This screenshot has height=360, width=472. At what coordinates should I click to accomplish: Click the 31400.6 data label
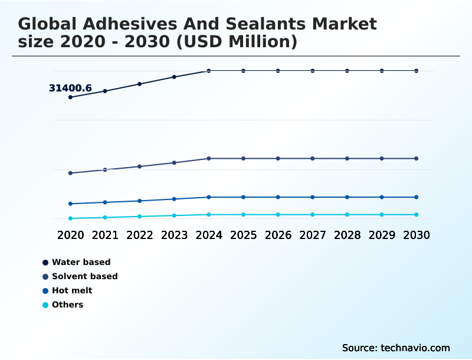coord(70,89)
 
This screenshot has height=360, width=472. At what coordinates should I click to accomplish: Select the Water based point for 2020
coord(71,97)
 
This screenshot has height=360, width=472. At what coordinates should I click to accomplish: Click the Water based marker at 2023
coord(174,77)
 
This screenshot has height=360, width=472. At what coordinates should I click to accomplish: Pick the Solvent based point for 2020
coord(71,173)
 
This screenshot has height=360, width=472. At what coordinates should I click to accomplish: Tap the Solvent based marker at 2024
coord(209,158)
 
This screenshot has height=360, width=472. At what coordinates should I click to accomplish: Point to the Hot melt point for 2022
coord(140,201)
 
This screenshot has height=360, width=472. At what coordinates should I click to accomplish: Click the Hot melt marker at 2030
coord(417,197)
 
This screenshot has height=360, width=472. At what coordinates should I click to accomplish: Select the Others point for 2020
coord(71,218)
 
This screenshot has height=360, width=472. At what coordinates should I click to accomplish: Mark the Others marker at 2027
coord(313,214)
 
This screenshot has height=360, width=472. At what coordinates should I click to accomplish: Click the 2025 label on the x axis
coord(243,235)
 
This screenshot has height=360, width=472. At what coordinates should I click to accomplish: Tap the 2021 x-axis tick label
coord(105,235)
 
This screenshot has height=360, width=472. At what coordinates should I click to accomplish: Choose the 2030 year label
coord(417,235)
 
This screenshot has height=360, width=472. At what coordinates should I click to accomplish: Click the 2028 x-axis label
coord(347,235)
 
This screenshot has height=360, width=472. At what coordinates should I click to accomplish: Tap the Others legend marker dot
coord(45,305)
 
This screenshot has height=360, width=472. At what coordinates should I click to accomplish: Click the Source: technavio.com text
coord(396,348)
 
